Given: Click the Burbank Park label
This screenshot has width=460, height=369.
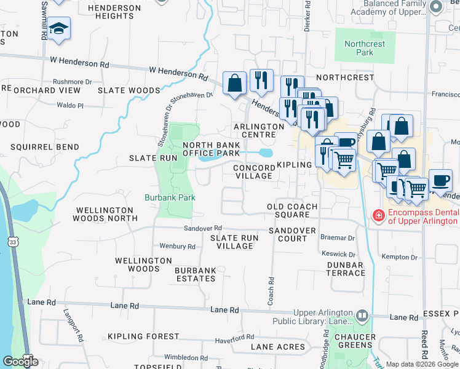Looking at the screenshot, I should pos(169,197).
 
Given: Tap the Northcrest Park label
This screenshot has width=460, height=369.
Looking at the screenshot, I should pos(359,48).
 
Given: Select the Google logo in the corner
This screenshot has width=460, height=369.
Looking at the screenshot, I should pos(20,362).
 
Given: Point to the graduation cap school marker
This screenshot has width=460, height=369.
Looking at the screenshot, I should pos(58,29).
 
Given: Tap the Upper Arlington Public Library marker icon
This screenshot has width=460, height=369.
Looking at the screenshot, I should pos(362,316).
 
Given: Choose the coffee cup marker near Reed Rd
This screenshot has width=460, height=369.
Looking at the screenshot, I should pos(440,180).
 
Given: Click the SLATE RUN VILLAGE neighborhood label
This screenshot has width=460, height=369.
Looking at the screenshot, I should pos(232,242).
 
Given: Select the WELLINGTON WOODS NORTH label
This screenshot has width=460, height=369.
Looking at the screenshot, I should pos(105,214).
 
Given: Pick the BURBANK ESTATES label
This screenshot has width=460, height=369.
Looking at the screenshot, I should pos(195,274).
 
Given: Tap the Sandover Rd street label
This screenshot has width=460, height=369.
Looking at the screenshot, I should pos(202,228).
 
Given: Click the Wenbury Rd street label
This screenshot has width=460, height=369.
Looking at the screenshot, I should pos(177,247).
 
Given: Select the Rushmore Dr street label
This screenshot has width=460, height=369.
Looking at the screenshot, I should pos(72,81).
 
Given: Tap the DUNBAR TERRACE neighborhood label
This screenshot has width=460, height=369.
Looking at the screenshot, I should pos(342,269).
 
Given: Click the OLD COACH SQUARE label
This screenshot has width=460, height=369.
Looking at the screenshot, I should pos(292,210).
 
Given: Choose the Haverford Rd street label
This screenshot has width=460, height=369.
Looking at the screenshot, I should pos(234,340).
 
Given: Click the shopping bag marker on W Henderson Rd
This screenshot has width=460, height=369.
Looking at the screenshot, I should pos(234,83).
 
